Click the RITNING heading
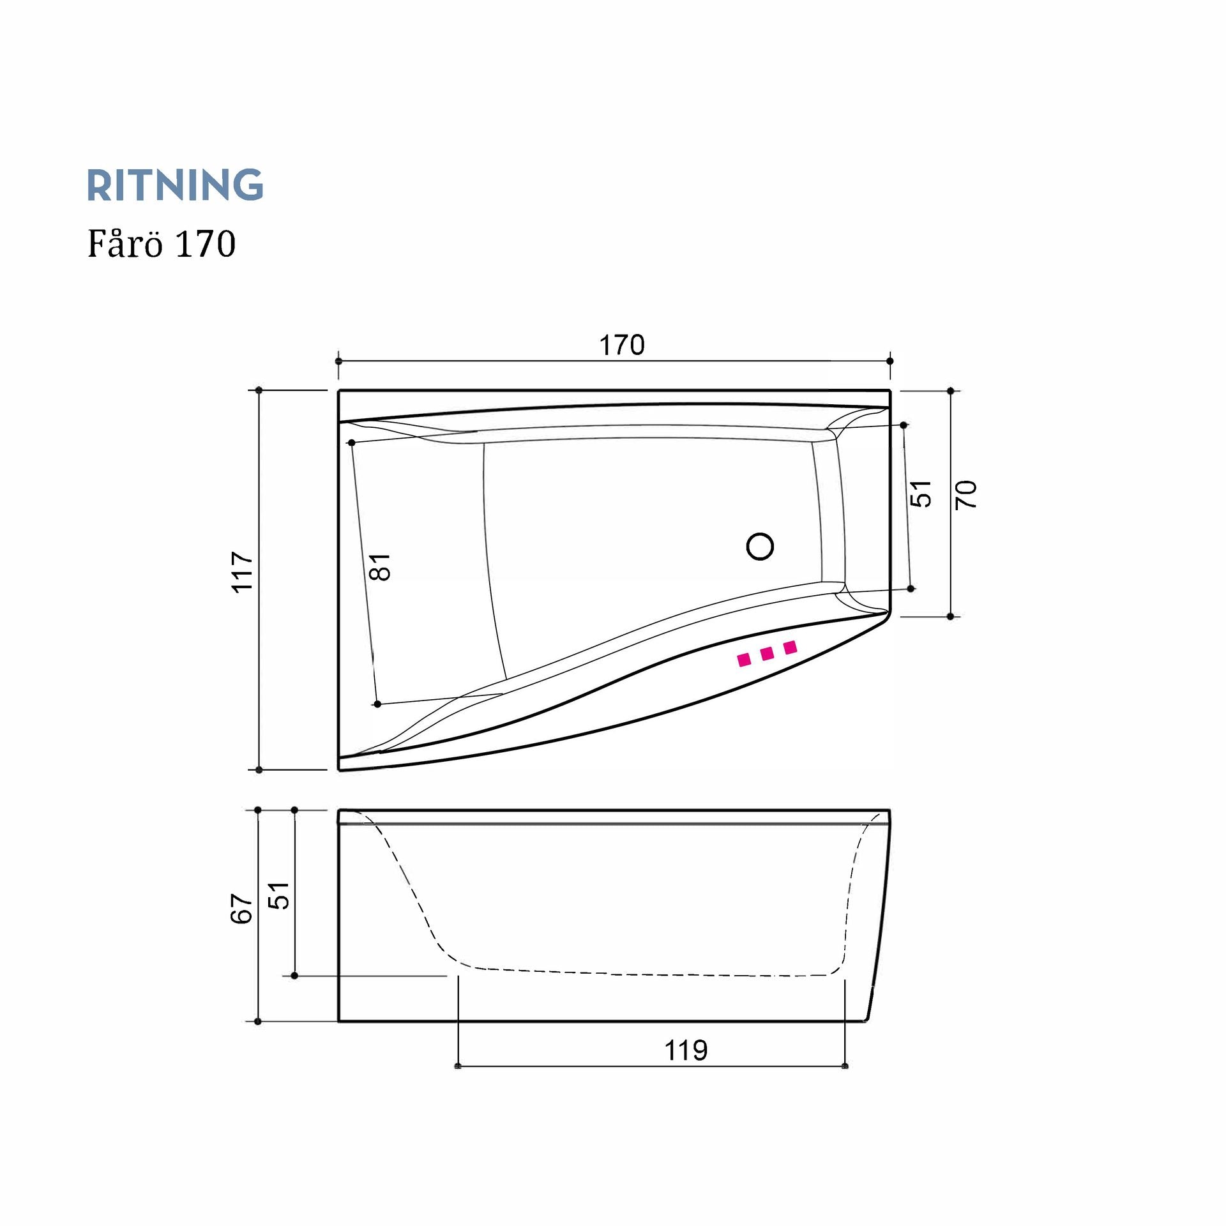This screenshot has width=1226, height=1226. pos(175,185)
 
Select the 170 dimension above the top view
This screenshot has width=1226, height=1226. pos(622,345)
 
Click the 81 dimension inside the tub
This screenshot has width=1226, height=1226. pos(380,566)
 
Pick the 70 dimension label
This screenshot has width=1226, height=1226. pos(966,494)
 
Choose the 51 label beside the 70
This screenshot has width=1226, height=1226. pos(921,494)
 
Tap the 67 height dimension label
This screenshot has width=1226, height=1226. pos(243,908)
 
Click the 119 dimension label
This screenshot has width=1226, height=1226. pos(686,1050)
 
